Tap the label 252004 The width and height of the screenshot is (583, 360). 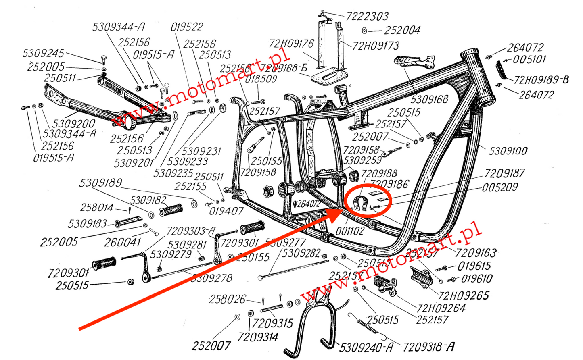click(x=402, y=30)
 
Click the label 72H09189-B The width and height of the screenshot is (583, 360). click(x=541, y=80)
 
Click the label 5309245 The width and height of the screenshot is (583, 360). click(x=44, y=54)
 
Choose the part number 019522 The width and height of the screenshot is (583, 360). click(x=187, y=27)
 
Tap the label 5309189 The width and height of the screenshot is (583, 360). click(x=100, y=183)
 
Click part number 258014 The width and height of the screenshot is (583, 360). click(x=97, y=208)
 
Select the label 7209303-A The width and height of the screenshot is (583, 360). click(x=191, y=231)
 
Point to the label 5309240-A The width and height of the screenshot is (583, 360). click(x=366, y=347)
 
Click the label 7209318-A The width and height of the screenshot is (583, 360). click(x=428, y=346)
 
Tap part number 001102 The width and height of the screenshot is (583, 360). click(x=349, y=231)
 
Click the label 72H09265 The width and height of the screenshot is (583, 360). click(x=463, y=295)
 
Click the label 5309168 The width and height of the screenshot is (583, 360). click(x=429, y=99)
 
